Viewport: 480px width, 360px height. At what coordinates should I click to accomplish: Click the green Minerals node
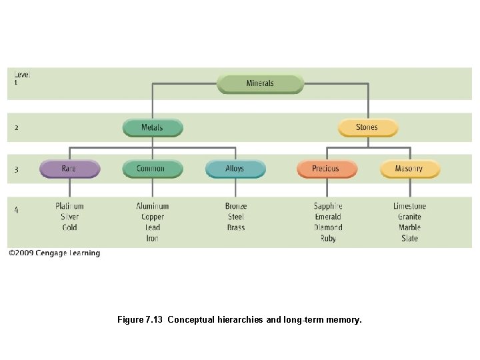(x=260, y=84)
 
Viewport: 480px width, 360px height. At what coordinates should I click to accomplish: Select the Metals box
(x=152, y=127)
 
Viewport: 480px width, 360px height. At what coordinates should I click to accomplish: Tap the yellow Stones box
(x=367, y=127)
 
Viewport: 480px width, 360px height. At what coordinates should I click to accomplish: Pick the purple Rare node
(x=69, y=169)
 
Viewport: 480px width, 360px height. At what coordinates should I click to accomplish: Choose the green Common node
(x=151, y=169)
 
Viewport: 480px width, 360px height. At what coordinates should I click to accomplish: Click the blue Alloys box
(x=235, y=169)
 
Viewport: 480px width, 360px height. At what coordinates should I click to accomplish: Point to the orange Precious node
(x=325, y=169)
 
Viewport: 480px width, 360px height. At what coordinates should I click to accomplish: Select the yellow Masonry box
(x=409, y=169)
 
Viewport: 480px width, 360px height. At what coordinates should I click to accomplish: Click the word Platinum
(x=69, y=206)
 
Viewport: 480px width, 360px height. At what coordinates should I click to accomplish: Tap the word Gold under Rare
(x=69, y=227)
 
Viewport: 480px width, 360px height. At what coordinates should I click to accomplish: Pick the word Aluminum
(x=153, y=206)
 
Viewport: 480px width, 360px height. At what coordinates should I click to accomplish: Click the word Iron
(x=153, y=238)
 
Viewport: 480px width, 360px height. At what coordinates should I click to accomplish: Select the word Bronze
(x=236, y=206)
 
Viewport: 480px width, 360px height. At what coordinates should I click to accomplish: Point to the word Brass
(x=236, y=227)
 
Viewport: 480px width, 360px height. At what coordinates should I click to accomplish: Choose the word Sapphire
(x=328, y=206)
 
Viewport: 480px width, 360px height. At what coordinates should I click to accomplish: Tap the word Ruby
(x=328, y=238)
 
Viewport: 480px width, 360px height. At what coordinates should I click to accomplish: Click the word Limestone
(x=409, y=206)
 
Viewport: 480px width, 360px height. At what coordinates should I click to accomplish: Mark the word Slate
(x=409, y=238)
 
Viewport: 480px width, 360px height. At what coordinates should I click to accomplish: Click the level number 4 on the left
(x=16, y=210)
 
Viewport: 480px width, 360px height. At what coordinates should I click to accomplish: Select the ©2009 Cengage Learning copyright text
(x=54, y=253)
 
